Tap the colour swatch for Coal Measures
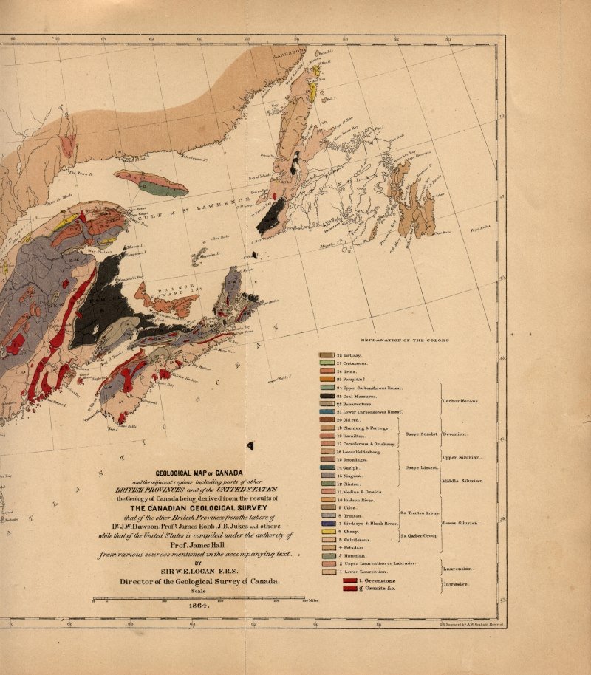coord(327,396)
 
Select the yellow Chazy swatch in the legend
coord(327,531)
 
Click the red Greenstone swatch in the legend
coord(349,580)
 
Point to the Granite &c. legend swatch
coord(349,589)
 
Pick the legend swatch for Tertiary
coord(327,355)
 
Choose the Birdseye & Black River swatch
coord(327,523)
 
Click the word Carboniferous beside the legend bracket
coord(462,401)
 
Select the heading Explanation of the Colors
coord(406,340)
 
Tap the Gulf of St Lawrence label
coord(185,210)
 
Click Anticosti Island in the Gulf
coord(151,180)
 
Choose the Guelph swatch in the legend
coord(327,467)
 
